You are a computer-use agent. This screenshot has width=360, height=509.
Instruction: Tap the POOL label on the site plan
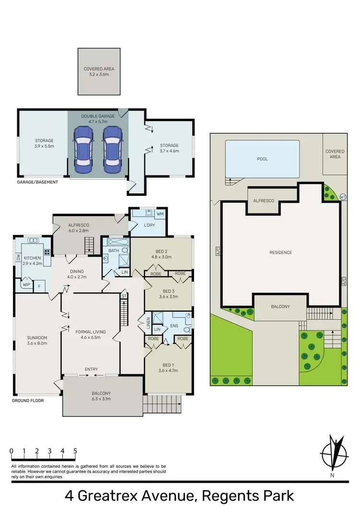[262, 159]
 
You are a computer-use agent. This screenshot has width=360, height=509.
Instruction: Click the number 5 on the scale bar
[75, 451]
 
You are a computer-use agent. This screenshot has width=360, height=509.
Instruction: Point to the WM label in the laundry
[160, 213]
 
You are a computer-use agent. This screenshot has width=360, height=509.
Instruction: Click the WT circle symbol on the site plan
[342, 197]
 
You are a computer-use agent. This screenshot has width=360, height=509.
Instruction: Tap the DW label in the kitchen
[18, 257]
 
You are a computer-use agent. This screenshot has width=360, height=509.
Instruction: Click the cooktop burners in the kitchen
[48, 252]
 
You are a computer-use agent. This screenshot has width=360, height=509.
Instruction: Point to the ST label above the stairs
[123, 296]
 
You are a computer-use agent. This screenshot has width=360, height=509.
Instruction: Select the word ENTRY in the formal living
[91, 369]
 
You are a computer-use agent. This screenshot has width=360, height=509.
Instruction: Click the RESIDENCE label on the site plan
[280, 252]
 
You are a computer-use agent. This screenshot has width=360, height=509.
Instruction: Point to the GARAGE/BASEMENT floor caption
[37, 182]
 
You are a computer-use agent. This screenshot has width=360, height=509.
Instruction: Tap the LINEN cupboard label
[148, 324]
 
